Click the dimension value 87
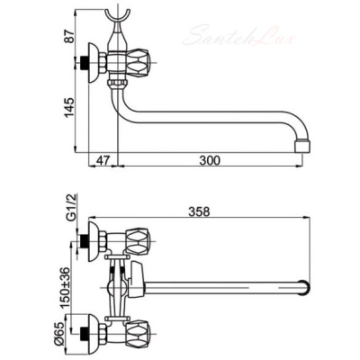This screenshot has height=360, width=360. (x=69, y=36)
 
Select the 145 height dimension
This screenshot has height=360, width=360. (x=69, y=108)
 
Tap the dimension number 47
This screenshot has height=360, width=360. (x=103, y=160)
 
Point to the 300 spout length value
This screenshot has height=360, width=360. (x=210, y=160)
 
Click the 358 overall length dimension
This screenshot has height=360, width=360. (x=200, y=211)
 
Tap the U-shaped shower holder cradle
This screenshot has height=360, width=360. (x=118, y=16)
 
